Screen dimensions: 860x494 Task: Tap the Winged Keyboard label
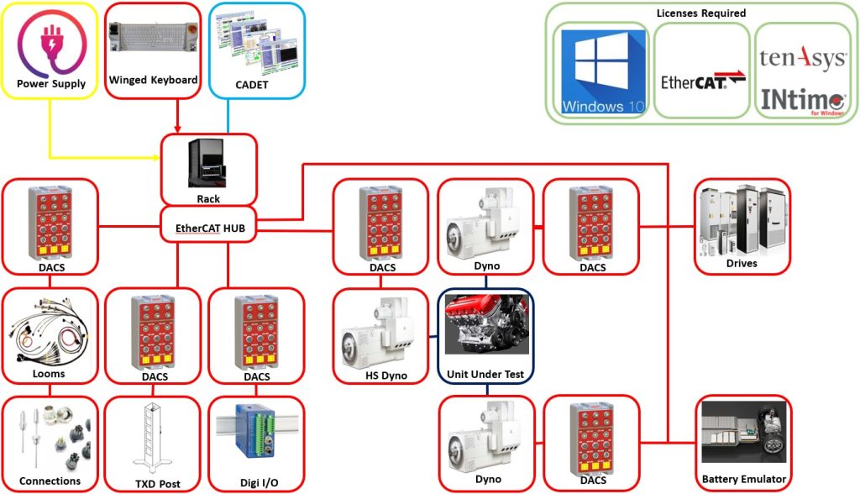pyautogui.click(x=153, y=80)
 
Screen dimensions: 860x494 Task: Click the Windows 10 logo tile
pyautogui.click(x=603, y=71)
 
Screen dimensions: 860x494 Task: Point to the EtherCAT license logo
pyautogui.click(x=703, y=81)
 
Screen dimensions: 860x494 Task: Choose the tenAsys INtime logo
pyautogui.click(x=802, y=81)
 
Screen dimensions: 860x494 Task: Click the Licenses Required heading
pyautogui.click(x=701, y=13)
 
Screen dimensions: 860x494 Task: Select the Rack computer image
pyautogui.click(x=206, y=163)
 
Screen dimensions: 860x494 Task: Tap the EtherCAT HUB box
pyautogui.click(x=208, y=224)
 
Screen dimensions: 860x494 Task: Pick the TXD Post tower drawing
pyautogui.click(x=151, y=439)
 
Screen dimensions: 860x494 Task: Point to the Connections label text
pyautogui.click(x=50, y=481)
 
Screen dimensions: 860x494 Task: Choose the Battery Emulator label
pyautogui.click(x=744, y=479)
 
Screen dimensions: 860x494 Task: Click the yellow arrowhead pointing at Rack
pyautogui.click(x=157, y=158)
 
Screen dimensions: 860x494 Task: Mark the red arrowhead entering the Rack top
pyautogui.click(x=177, y=129)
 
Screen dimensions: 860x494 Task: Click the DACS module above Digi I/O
pyautogui.click(x=256, y=333)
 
